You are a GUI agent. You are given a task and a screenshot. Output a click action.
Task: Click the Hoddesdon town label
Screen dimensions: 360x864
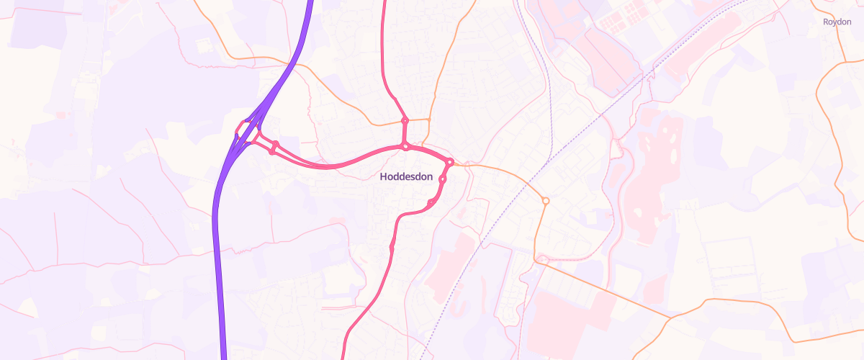tap(406, 176)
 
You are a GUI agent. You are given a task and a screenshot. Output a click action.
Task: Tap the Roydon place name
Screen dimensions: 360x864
tap(837, 22)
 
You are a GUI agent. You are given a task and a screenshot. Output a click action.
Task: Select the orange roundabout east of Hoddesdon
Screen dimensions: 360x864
tap(546, 200)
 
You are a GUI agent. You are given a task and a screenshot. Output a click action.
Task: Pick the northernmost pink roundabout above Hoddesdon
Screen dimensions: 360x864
tap(405, 120)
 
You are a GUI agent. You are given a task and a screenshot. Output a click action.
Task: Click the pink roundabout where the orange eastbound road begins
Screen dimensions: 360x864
tap(449, 162)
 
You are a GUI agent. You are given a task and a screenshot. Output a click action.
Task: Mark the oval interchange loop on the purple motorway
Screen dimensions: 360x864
tap(248, 132)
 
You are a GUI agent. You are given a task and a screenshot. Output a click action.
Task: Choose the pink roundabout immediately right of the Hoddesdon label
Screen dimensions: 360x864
tap(443, 179)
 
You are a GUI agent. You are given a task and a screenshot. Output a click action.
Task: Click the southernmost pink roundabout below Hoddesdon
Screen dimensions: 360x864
tap(392, 248)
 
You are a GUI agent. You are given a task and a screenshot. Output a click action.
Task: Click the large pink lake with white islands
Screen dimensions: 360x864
tap(659, 158)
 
